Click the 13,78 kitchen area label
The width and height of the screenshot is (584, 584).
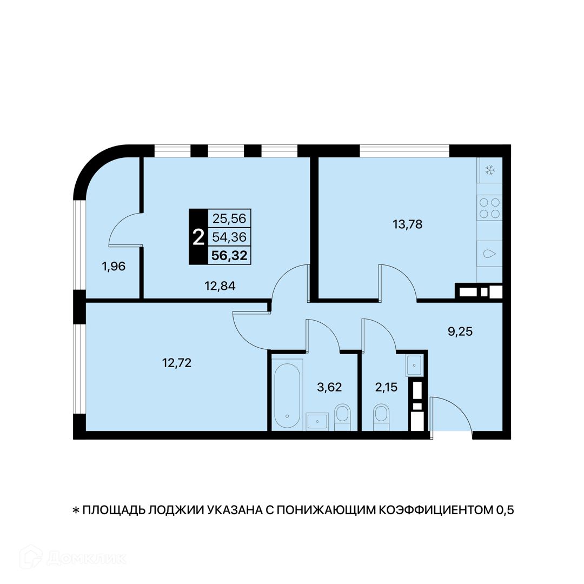coord(408,224)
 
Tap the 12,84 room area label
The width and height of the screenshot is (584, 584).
coord(220,286)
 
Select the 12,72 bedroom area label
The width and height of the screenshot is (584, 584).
coord(176,362)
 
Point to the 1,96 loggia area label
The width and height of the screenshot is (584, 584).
coord(114,266)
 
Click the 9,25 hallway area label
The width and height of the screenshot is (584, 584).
coord(460,331)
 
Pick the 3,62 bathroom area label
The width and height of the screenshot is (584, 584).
coord(329,387)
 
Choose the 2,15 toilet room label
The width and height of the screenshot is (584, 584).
coord(386,387)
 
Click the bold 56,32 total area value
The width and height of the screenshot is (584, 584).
coord(229,255)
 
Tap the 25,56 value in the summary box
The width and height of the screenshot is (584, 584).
coord(229,218)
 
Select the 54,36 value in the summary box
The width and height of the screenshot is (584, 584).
coord(229,237)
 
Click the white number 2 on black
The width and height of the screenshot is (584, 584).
coord(198,237)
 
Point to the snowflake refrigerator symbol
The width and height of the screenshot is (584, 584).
coord(490,171)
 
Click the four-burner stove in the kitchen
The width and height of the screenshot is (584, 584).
coord(489,208)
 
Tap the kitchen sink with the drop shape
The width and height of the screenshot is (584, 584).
coord(489,254)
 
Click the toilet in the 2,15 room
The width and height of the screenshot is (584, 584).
coord(381,417)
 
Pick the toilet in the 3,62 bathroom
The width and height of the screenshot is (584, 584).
coord(342,417)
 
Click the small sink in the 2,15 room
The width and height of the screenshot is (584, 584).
coord(414,366)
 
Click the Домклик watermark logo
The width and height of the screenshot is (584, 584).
coord(73,558)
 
